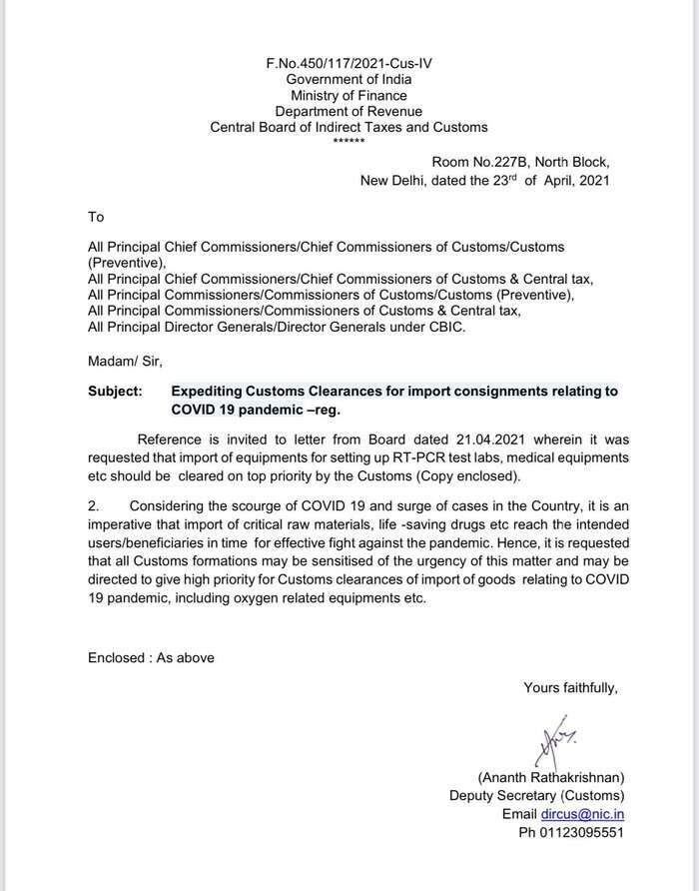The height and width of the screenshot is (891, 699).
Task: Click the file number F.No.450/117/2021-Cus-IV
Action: [349, 63]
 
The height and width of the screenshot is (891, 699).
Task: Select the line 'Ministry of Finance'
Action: [349, 95]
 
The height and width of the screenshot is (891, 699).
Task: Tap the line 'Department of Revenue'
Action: [349, 111]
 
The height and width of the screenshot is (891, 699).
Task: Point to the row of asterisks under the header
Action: [349, 141]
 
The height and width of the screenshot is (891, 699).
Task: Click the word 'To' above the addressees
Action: [96, 216]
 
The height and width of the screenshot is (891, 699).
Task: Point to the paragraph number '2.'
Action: [95, 505]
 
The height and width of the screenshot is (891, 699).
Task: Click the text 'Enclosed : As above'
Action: [151, 657]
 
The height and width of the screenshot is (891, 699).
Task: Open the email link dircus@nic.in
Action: [583, 813]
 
